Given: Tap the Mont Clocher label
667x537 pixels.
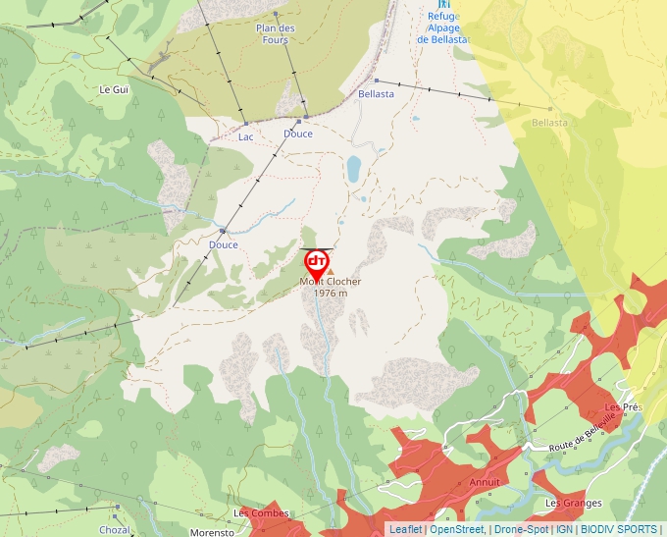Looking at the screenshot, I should tap(331, 282).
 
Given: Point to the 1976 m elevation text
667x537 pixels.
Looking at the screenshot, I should tap(331, 293).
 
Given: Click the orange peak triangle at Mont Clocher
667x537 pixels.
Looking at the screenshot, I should tap(331, 271).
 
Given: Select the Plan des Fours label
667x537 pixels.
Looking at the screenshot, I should tap(276, 34).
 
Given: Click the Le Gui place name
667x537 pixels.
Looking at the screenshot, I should tap(114, 88).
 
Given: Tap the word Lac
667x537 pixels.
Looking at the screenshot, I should tap(246, 136).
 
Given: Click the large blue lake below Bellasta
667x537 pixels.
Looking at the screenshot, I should tap(353, 169).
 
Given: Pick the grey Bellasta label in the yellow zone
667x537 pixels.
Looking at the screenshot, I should tap(549, 123).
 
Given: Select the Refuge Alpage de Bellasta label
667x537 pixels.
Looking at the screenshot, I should tap(443, 28).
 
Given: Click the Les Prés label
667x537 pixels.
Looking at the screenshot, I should tap(623, 406).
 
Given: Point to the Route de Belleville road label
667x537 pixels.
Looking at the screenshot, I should tap(583, 432).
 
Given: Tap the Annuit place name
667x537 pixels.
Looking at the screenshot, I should tap(485, 482).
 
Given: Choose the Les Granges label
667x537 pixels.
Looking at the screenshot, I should tap(573, 504).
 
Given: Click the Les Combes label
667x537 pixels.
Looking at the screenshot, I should tap(261, 513).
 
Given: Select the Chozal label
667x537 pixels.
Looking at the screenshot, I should tap(114, 529).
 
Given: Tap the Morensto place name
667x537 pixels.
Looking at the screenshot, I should tap(213, 532).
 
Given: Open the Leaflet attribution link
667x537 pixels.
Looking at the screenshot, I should tap(406, 529).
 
